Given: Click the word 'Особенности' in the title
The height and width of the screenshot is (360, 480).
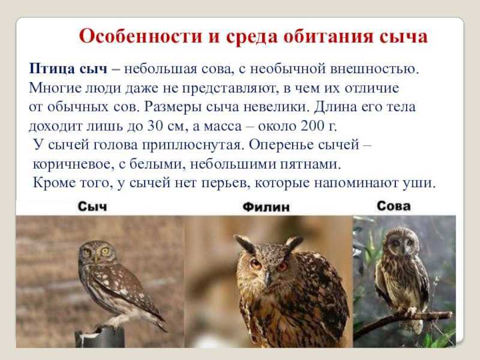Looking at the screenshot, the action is (x=140, y=37).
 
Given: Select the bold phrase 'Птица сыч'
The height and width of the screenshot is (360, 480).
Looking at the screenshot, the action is (x=68, y=68).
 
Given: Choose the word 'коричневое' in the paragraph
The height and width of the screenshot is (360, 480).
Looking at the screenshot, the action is (x=71, y=164).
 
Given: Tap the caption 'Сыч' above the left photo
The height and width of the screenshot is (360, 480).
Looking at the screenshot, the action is (x=92, y=206).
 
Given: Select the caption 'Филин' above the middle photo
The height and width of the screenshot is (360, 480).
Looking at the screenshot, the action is (x=266, y=207).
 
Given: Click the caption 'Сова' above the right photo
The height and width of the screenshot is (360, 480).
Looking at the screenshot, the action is (x=394, y=206).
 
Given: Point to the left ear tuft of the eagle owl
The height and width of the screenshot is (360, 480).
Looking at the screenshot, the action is (x=245, y=244).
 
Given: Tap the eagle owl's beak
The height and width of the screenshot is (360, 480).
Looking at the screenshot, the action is (x=268, y=277).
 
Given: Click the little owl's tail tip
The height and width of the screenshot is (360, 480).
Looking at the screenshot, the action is (x=164, y=328).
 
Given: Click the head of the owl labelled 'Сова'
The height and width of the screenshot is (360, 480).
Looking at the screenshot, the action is (x=401, y=242).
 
